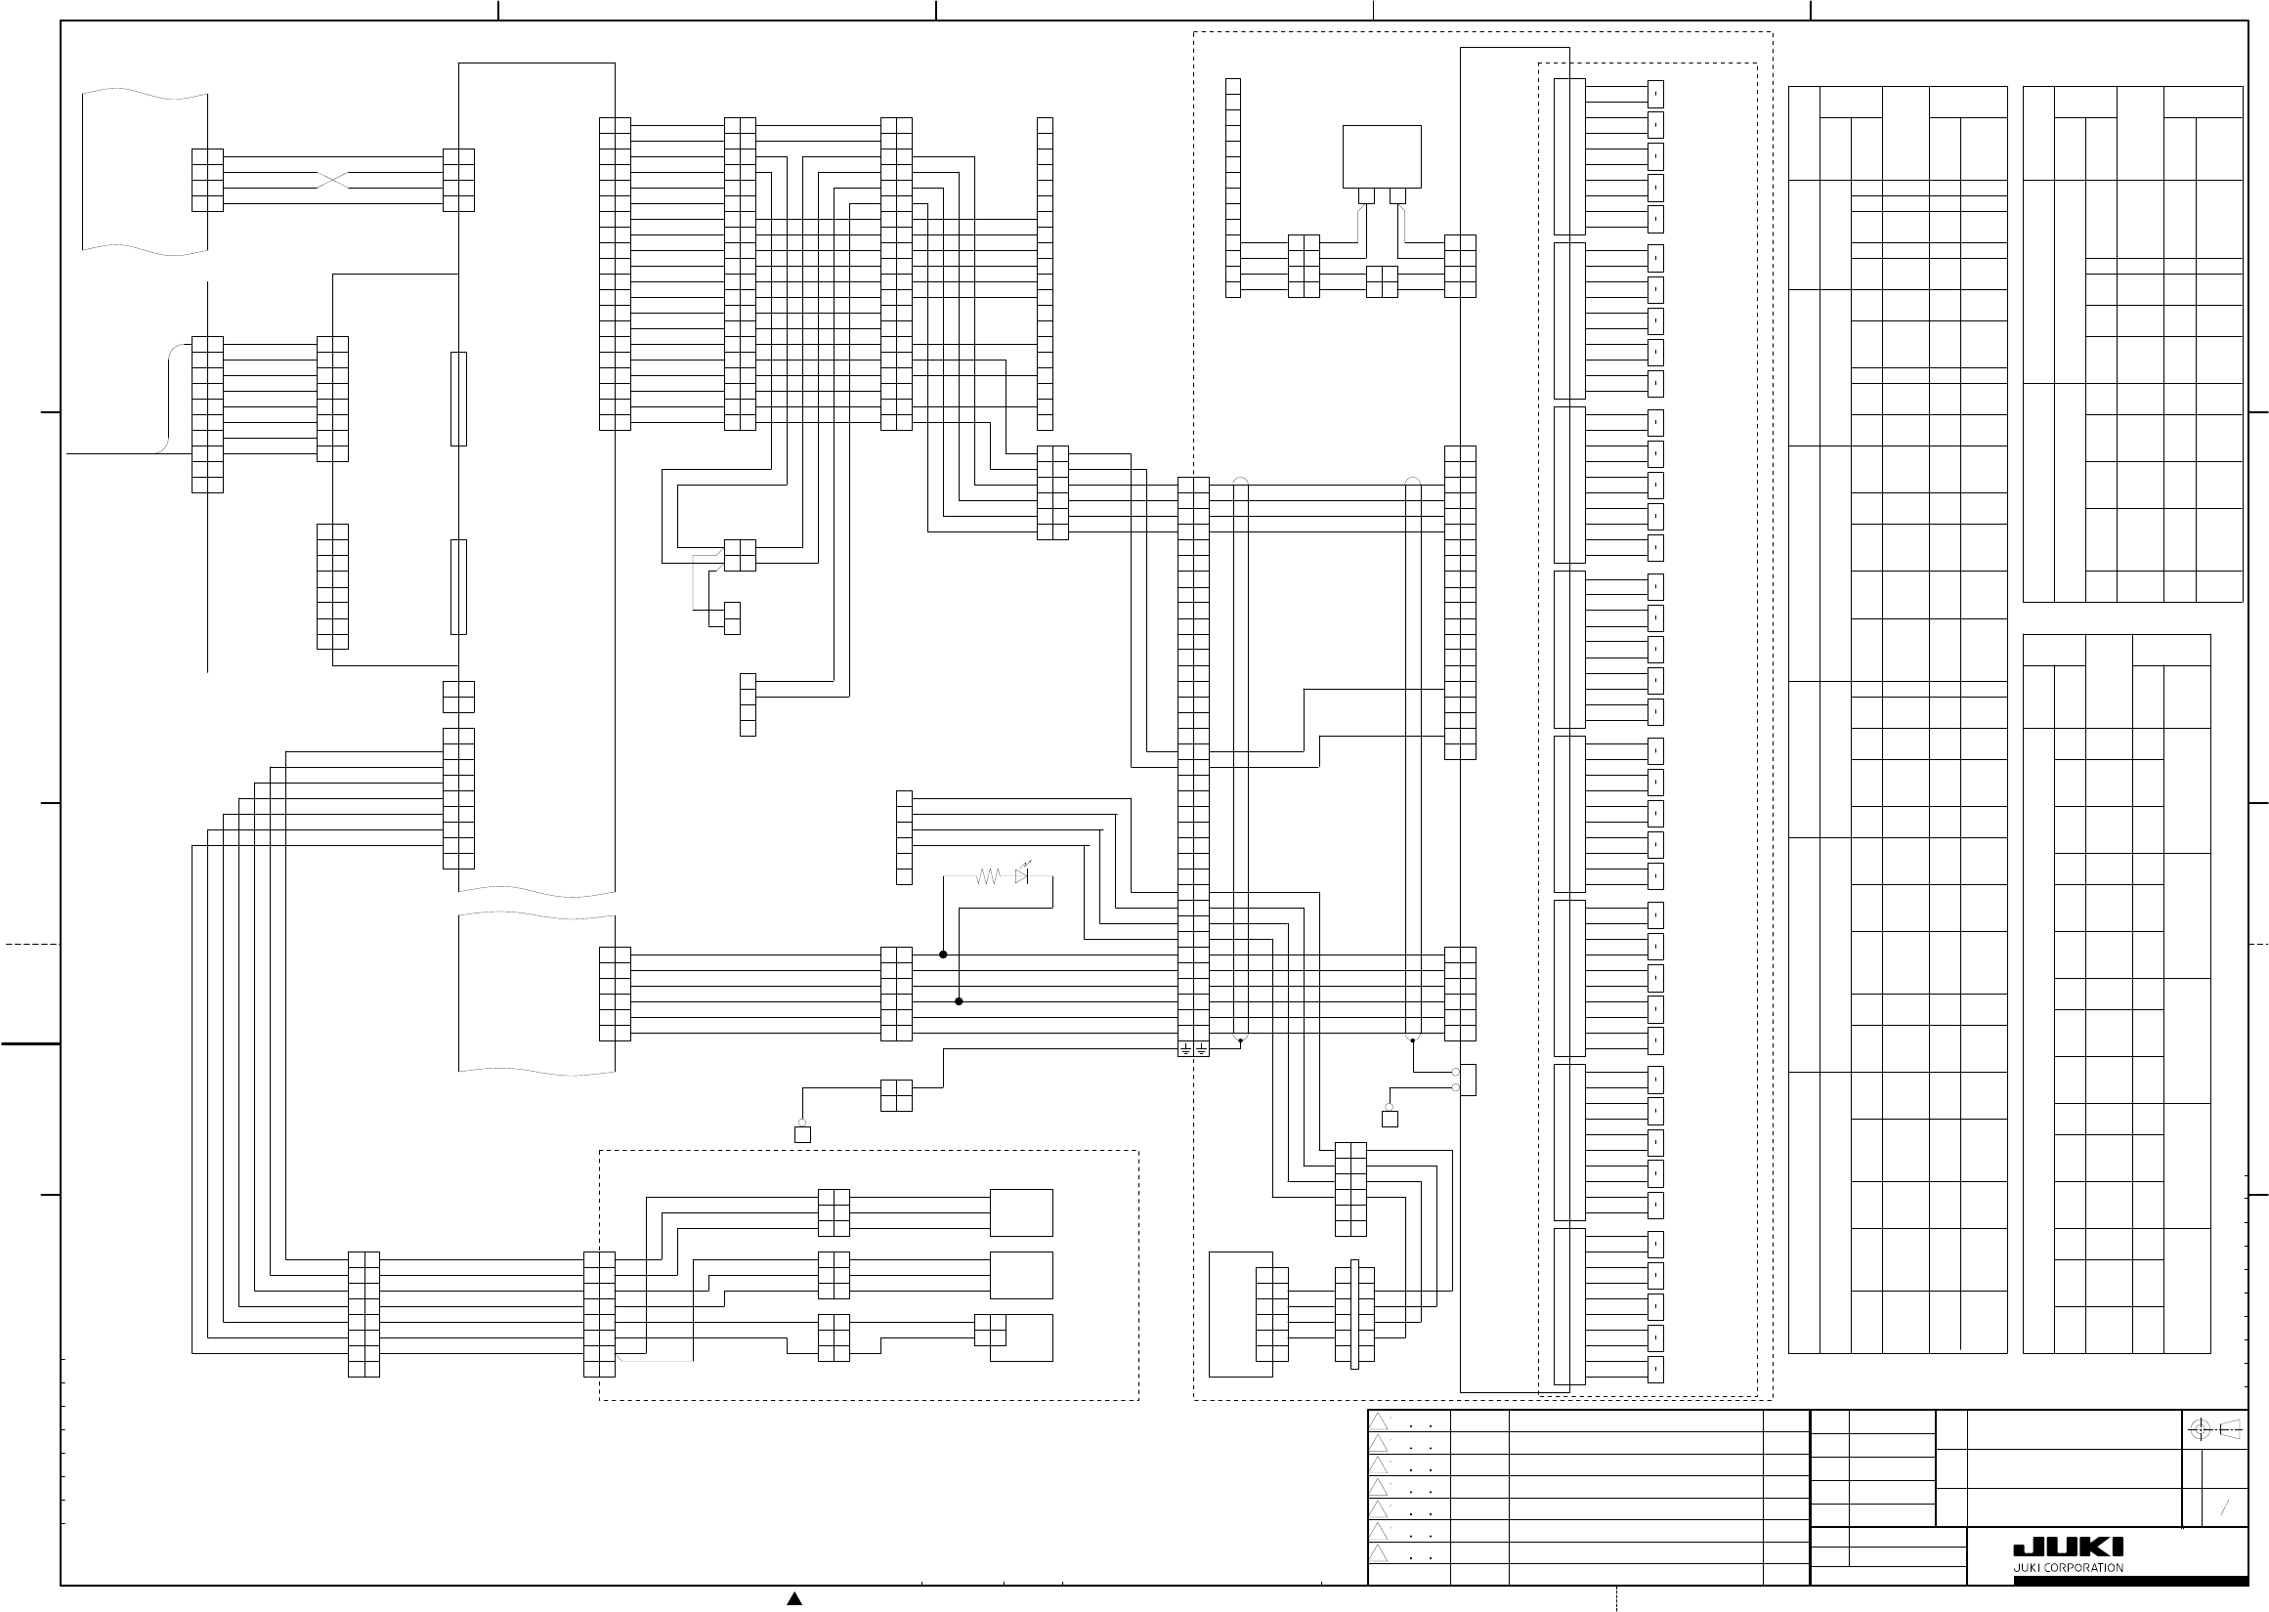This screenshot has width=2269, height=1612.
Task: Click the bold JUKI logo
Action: coord(2068,1548)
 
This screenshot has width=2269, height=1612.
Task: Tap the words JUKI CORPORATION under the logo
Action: coord(2068,1568)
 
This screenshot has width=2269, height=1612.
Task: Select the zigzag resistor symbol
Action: coord(988,876)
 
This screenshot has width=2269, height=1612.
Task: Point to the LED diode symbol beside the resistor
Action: coord(1022,876)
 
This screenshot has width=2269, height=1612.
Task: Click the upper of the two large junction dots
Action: coord(943,954)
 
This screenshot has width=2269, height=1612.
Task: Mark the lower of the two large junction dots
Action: coord(959,1001)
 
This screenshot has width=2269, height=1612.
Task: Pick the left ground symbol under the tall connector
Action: coord(1185,1048)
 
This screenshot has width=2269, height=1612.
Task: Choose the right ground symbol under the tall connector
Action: coord(1201,1048)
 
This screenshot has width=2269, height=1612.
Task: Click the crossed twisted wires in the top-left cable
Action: coord(332,181)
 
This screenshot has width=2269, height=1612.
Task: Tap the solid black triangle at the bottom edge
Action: coord(794,1598)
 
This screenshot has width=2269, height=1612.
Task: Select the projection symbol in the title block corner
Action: coord(2216,1430)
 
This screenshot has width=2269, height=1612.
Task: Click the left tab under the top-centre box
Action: coord(1367,195)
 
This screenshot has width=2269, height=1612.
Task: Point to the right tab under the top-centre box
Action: coord(1397,195)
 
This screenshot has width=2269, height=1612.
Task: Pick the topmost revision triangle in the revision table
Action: coord(1379,1421)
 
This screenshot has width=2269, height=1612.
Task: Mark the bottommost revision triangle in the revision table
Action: coord(1379,1553)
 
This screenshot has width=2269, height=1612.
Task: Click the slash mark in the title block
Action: coord(2224,1507)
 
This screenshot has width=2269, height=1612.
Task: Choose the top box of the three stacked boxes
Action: coord(1021,1212)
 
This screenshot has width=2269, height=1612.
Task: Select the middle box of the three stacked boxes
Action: coord(1021,1275)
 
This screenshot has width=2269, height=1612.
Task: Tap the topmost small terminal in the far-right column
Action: coord(1655,95)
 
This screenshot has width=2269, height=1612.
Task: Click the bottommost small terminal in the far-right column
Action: coord(1655,1369)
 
